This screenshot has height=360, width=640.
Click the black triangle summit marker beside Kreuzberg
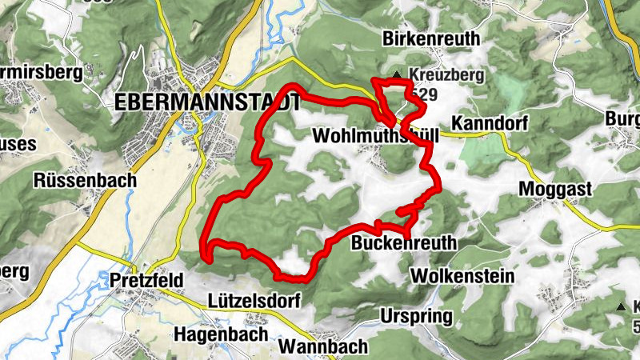coord(397,77)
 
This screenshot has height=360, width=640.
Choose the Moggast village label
coord(554,189)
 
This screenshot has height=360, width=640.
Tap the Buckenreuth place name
coord(404,242)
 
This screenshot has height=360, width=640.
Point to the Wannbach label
coord(324,346)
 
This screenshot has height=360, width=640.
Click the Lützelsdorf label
coord(254,302)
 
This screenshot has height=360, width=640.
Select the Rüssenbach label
coord(85,180)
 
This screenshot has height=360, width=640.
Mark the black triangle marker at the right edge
coord(620,307)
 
